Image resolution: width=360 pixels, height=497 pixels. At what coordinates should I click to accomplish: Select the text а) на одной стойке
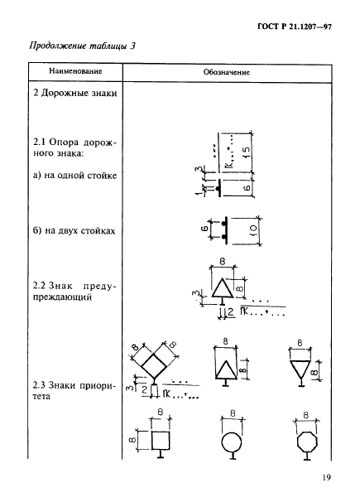point(74,176)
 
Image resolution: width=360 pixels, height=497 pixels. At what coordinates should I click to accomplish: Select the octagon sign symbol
point(306,443)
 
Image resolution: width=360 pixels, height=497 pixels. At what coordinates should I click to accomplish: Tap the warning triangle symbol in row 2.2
point(223,287)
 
